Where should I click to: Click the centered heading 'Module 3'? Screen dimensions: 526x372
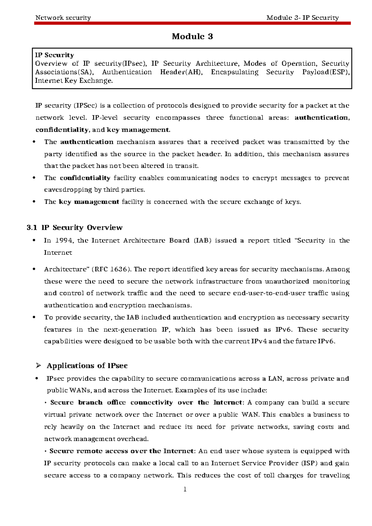[x=192, y=37]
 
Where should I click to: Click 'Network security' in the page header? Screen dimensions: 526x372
[x=63, y=18]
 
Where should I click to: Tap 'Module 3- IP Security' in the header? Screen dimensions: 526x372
[x=302, y=18]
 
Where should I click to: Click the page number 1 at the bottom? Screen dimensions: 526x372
[x=185, y=489]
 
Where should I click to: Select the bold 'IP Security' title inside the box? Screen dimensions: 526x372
[x=55, y=55]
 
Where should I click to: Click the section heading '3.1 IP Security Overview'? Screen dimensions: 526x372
[x=75, y=228]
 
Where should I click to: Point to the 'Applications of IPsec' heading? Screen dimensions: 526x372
[x=87, y=366]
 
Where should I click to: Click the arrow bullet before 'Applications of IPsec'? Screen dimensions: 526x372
[x=38, y=366]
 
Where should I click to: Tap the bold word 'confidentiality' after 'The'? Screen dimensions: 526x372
[x=85, y=178]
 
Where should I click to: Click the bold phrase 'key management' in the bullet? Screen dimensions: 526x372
[x=89, y=202]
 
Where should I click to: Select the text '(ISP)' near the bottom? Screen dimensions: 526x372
[x=309, y=463]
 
